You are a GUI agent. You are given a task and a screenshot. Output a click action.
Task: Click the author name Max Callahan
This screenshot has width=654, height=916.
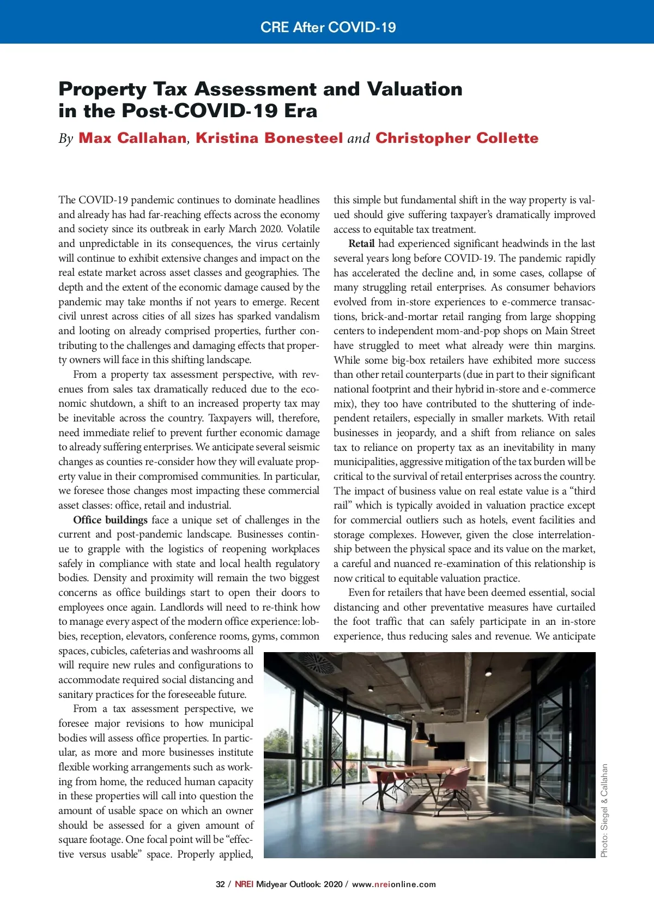pos(132,138)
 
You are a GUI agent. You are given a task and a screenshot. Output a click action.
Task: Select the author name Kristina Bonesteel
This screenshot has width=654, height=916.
pos(269,138)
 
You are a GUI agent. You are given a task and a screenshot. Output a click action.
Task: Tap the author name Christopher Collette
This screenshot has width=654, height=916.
pos(457,138)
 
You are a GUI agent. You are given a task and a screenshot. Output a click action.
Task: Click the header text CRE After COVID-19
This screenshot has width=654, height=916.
pos(328,27)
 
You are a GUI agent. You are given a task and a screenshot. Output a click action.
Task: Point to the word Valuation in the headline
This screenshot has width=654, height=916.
pos(414,89)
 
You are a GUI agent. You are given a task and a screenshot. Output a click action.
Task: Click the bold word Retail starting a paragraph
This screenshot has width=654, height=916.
pos(361,244)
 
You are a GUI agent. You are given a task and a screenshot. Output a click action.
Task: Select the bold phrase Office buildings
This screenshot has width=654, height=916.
pos(110,520)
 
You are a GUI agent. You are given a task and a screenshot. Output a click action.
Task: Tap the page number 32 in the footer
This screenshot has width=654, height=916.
pos(220,884)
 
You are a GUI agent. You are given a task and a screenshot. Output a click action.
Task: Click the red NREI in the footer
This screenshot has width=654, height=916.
pos(244,884)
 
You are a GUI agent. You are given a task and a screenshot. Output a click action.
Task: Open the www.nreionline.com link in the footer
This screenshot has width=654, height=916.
pos(393,884)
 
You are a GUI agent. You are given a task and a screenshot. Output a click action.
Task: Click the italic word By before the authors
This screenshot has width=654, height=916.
pos(66,138)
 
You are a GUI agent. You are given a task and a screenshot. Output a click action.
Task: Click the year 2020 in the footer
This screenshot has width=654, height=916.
pos(333,884)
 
